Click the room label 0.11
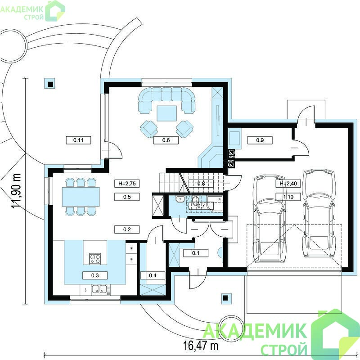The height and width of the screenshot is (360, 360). (x=78, y=140)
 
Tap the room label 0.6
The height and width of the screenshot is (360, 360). (x=166, y=140)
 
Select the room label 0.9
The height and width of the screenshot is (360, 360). (x=260, y=140)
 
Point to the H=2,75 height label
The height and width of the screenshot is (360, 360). (x=127, y=184)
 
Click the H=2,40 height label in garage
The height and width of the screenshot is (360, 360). (x=288, y=184)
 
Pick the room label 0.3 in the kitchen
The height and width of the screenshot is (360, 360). (x=95, y=275)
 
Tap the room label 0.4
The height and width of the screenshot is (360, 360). (x=153, y=275)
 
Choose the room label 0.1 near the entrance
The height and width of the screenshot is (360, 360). (x=196, y=253)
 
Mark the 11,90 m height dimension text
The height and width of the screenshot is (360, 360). (x=17, y=191)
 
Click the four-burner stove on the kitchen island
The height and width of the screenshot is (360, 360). (x=95, y=259)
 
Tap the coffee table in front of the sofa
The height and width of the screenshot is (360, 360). (x=166, y=113)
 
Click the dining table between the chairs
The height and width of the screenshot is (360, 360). (x=81, y=197)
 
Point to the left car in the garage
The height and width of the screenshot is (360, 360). (x=269, y=219)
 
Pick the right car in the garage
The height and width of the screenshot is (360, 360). (x=319, y=213)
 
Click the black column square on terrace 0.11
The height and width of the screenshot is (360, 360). (x=50, y=85)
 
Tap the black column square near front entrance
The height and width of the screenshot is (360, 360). (x=226, y=298)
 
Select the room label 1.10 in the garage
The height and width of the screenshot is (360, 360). (x=288, y=197)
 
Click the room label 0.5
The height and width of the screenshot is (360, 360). (x=127, y=197)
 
